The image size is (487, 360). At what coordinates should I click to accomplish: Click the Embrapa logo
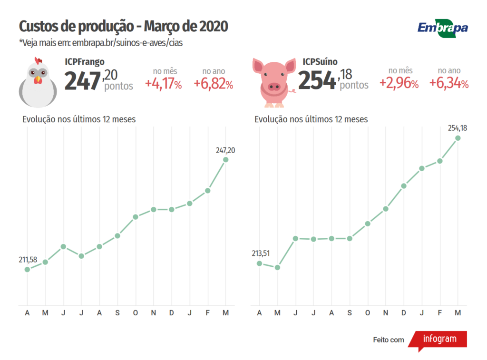coord(442,28)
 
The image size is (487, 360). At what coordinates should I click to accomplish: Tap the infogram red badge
coord(438,340)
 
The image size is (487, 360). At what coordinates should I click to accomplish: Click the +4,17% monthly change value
coord(163,84)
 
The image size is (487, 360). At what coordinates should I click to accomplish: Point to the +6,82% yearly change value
coord(213,84)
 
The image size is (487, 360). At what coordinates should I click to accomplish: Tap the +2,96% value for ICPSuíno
coord(399,84)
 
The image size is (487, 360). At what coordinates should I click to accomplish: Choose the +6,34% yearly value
coord(448,84)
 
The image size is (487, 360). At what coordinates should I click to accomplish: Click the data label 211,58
coord(28,259)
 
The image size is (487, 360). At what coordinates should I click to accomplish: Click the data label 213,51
coord(261,253)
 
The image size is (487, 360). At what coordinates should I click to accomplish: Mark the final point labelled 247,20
coord(225,159)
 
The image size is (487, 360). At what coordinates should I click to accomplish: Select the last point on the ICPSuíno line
coord(458,138)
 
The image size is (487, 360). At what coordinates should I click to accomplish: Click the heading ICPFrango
coord(85,62)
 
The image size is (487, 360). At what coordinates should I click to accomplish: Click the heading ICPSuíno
coord(320,62)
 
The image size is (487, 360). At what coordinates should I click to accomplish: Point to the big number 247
coord(83,81)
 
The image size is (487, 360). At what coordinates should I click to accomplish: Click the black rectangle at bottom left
coord(44,340)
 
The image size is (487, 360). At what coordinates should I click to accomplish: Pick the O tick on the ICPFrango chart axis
coord(136,313)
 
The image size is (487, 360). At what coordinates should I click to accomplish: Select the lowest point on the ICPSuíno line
coord(277,267)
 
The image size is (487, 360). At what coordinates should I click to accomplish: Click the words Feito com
coord(389,340)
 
